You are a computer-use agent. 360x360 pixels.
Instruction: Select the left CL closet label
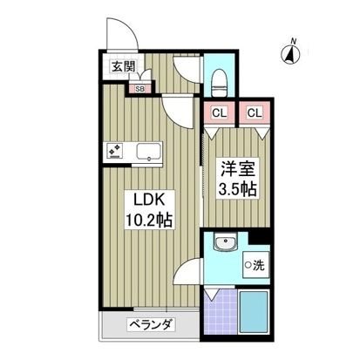point(219,112)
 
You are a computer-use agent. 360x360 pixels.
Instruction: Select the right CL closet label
point(254,112)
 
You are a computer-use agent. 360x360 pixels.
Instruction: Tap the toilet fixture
point(219,82)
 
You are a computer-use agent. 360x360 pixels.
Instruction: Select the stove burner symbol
point(115,151)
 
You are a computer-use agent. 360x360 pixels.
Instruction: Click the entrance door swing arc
point(125,36)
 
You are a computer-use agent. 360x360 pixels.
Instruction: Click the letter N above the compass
point(295,40)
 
